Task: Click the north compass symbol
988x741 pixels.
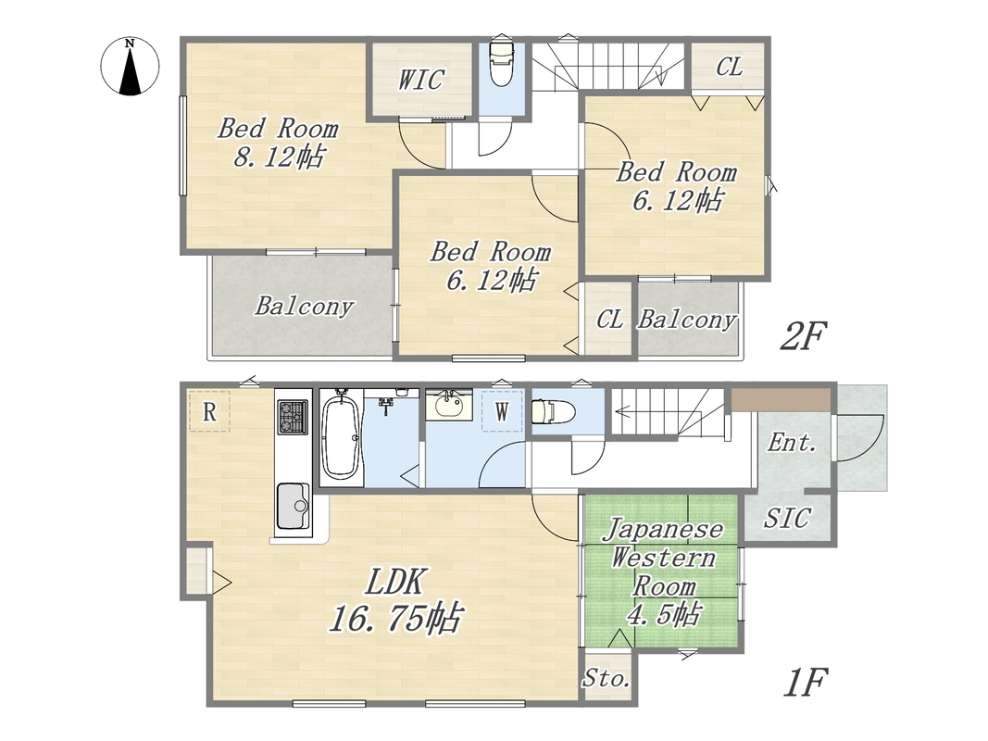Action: point(130,66)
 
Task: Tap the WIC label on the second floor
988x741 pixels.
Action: point(421,80)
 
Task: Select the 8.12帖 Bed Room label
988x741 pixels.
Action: point(278,143)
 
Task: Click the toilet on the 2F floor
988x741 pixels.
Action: point(502,64)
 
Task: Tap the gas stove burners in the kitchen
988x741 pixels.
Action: point(293,417)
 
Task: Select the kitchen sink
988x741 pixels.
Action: point(293,507)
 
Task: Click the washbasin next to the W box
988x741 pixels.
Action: point(447,405)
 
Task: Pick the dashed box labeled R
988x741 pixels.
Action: point(209,411)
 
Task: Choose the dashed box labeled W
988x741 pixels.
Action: point(502,411)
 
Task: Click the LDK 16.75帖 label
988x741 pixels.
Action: point(396,599)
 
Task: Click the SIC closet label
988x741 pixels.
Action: point(786,518)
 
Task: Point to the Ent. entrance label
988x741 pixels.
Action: point(792,443)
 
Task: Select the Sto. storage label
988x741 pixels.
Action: point(606,678)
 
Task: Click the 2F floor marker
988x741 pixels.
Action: point(802,335)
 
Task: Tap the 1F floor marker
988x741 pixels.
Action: point(805,682)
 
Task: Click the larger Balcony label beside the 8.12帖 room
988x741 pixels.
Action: point(304,307)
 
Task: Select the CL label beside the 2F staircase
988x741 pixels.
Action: point(729,67)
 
